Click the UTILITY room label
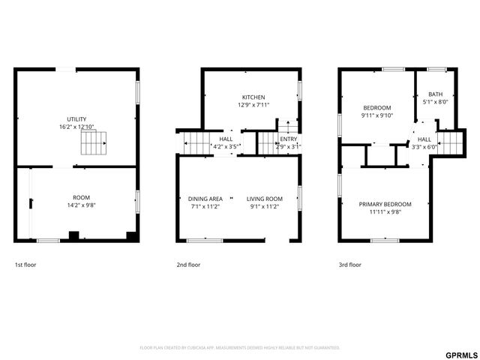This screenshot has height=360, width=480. coord(76,119)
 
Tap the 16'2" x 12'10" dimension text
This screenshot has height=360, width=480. coord(76,127)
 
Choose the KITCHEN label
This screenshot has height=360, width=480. coord(253,97)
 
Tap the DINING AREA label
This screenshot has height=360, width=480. coord(205,199)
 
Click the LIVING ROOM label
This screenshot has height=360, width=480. coord(265,199)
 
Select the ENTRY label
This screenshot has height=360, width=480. coord(289,139)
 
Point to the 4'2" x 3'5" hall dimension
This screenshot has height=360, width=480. coord(226,147)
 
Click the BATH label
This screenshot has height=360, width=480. coord(436,94)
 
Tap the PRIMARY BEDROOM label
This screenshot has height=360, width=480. coord(385,204)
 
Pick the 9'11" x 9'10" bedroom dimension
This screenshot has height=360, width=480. coord(377,115)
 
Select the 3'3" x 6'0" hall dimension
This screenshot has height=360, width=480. coord(424,147)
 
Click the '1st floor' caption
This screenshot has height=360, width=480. coord(25,265)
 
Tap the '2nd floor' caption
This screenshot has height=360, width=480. coord(188,265)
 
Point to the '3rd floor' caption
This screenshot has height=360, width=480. coord(349,265)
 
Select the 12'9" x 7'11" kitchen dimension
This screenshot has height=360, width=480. coord(253,105)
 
